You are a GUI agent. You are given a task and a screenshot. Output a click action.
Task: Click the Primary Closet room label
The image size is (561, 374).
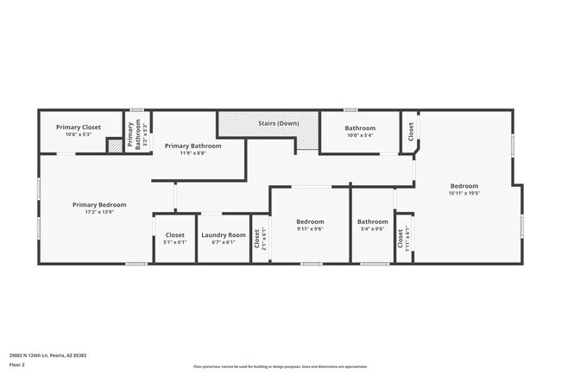pos(79,127)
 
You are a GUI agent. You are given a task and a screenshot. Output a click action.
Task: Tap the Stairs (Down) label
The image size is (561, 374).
pos(278,123)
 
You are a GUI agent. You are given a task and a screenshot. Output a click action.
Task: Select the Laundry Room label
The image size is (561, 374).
pos(224,234)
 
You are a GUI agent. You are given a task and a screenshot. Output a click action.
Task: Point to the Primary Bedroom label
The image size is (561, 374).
pos(99,204)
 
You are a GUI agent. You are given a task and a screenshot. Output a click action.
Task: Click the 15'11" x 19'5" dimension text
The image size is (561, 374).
pos(463,194)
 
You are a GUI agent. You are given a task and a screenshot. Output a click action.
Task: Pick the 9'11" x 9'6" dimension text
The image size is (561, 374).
pos(310,228)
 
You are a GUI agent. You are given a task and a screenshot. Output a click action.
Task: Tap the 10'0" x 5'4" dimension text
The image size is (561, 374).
pos(360,135)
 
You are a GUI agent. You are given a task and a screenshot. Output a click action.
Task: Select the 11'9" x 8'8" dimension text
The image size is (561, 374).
pos(193,153)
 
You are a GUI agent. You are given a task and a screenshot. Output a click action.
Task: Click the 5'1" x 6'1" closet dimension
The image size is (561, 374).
pos(174,242)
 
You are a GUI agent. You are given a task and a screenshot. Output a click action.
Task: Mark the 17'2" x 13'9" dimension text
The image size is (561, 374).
pos(99,212)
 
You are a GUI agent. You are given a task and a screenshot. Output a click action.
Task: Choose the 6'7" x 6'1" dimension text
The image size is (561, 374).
pos(224,242)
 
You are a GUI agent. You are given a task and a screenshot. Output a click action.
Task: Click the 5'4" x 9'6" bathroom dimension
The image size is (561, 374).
pos(373,228)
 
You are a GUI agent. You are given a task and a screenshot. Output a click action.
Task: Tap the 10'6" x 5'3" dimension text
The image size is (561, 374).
pos(79,134)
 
